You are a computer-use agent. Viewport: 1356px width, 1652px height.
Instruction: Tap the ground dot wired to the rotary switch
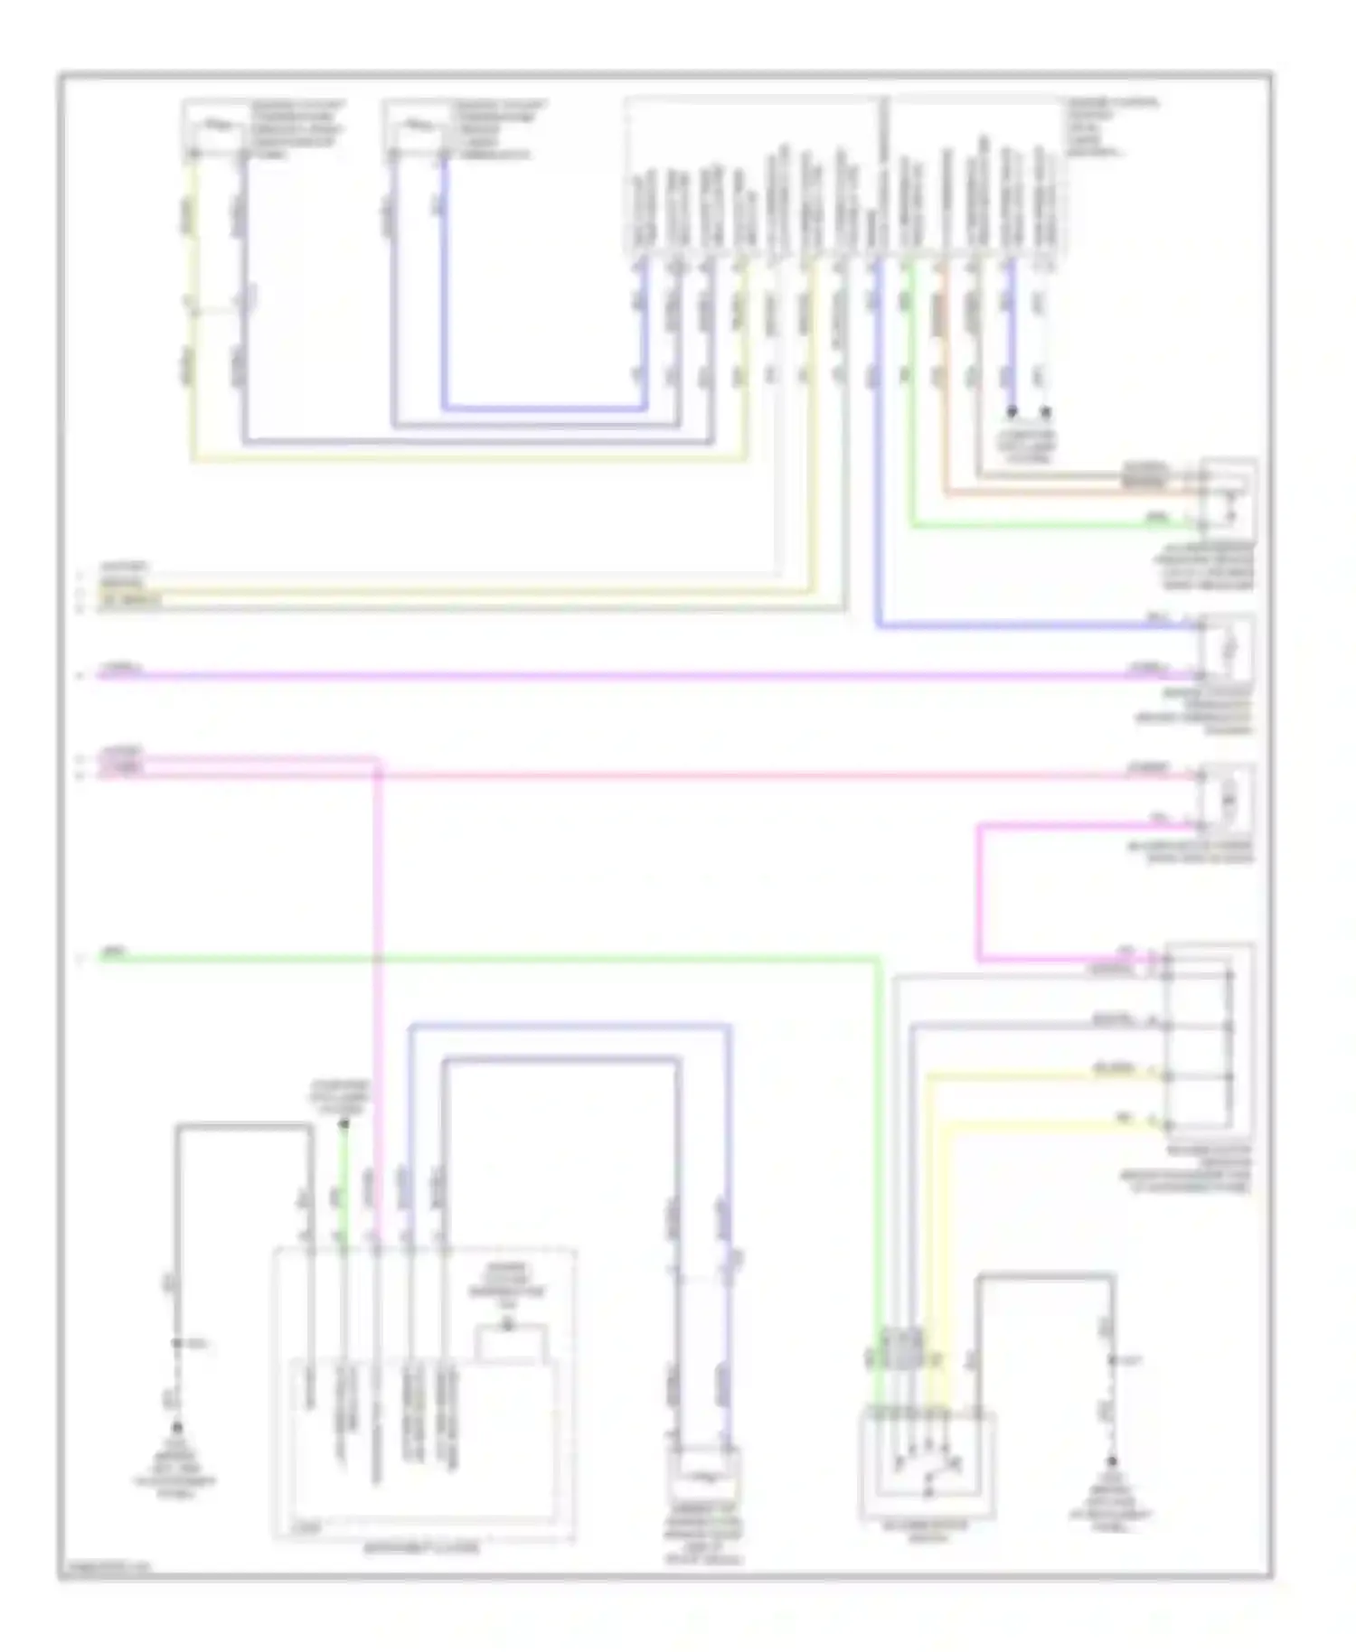point(1112,1461)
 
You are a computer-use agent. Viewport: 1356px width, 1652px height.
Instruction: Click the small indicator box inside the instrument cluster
point(512,1344)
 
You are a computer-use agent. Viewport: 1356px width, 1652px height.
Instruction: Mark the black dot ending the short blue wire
point(1012,412)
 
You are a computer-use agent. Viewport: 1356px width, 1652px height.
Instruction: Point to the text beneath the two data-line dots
point(1028,446)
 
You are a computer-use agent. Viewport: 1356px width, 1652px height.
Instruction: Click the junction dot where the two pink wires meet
point(377,774)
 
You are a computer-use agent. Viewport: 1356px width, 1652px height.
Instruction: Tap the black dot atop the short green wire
point(344,1124)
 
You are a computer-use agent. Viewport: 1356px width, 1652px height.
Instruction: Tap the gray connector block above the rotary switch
point(903,1347)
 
